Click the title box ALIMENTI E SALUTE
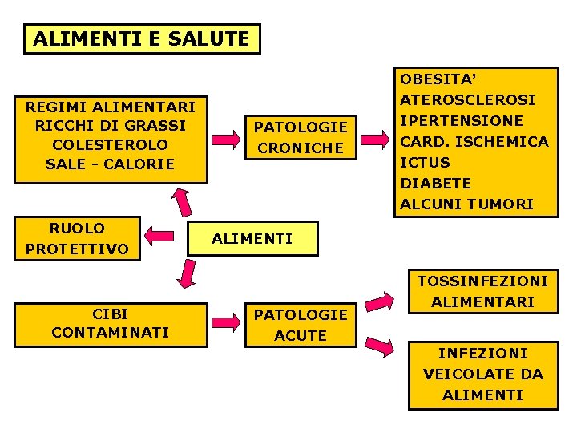(x=142, y=38)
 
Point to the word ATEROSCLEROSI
(x=468, y=100)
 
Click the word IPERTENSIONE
(x=462, y=121)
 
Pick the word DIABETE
(x=436, y=184)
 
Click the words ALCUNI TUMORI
(x=466, y=204)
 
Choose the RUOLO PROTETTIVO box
(x=77, y=238)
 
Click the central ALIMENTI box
(x=252, y=238)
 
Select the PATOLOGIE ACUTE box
(x=301, y=325)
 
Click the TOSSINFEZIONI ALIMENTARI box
(x=483, y=292)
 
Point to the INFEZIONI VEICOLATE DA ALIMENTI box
(x=483, y=374)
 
